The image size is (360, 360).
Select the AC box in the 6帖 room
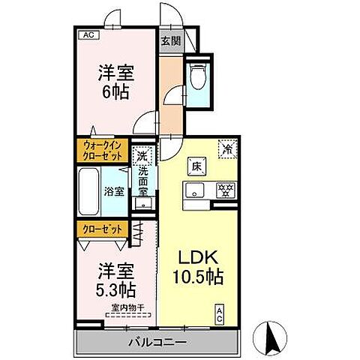[x=88, y=34]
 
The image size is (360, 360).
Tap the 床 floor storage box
[x=193, y=165]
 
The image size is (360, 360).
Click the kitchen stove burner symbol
[x=223, y=190]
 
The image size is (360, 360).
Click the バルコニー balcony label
[x=160, y=342]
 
